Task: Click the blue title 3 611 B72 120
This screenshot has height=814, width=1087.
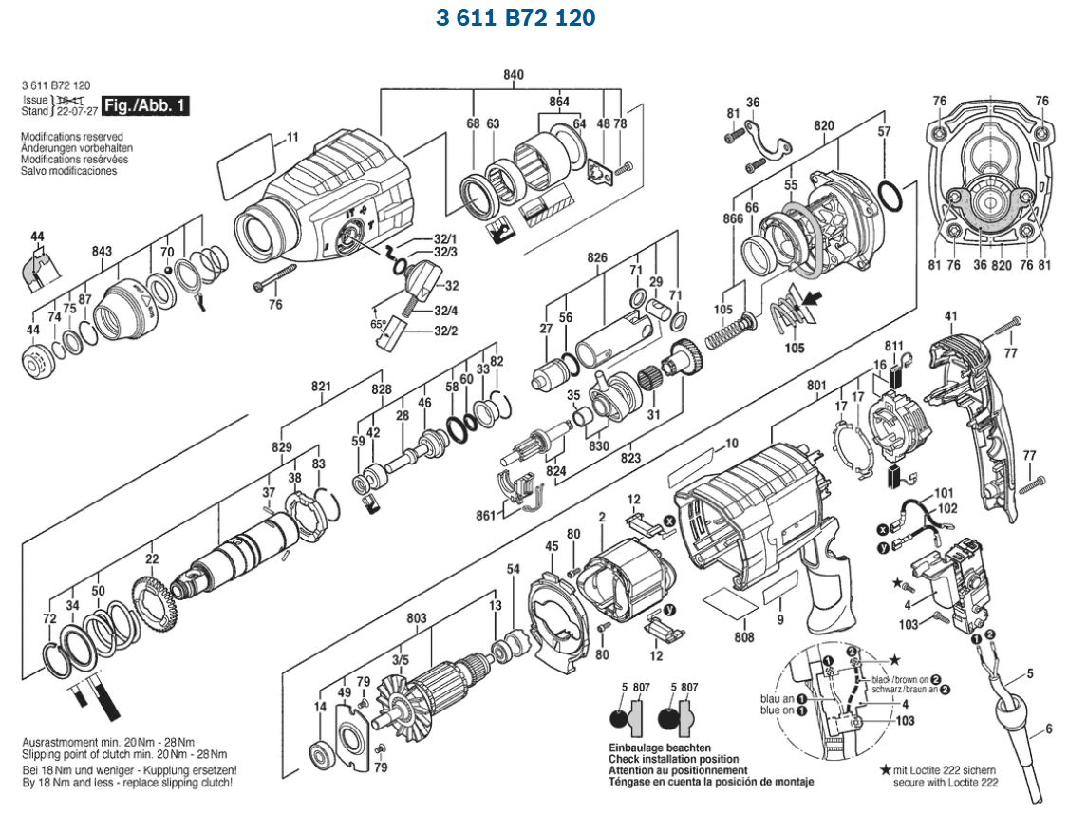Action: point(515,18)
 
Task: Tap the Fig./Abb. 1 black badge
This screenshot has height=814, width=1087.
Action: point(145,105)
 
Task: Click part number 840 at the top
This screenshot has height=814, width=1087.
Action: point(514,75)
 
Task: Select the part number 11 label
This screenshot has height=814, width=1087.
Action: point(291,136)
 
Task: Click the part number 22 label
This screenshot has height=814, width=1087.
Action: point(152,558)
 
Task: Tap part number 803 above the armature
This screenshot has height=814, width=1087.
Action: point(416,618)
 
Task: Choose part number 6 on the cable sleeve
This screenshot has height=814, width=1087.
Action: point(1048,729)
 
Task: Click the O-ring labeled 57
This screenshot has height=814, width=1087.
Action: point(890,197)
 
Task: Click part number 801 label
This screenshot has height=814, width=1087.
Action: point(816,386)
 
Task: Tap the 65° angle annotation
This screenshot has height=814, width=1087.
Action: point(379,324)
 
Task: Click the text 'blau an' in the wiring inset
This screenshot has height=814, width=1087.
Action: point(777,699)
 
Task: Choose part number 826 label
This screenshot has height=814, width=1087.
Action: point(596,257)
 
